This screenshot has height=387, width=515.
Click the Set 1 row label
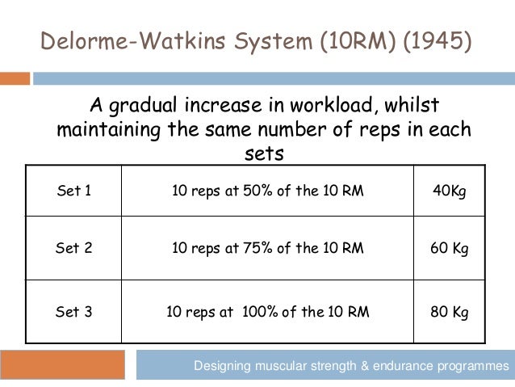tap(73, 191)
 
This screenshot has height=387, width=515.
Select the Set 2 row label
tap(73, 248)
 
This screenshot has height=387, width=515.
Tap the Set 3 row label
tap(73, 311)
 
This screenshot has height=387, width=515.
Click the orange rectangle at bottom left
tap(62, 365)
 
